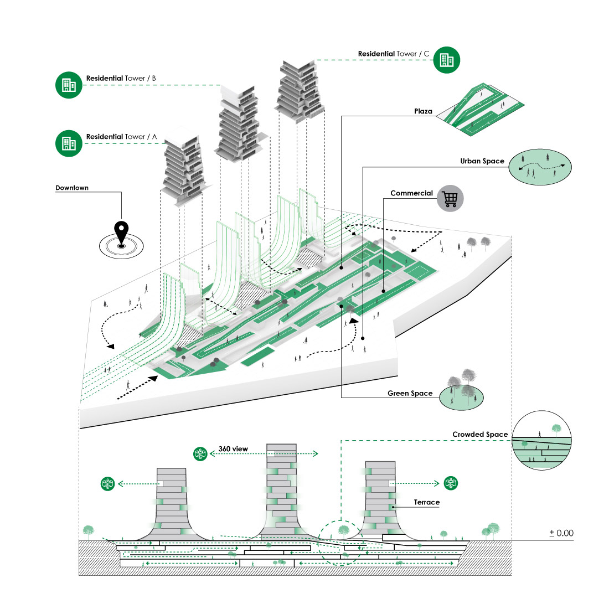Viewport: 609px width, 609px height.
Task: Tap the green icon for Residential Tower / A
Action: (x=69, y=143)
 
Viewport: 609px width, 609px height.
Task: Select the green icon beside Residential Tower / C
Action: (x=446, y=59)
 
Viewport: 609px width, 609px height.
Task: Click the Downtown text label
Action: (x=72, y=188)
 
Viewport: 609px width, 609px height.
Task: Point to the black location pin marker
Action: (x=121, y=233)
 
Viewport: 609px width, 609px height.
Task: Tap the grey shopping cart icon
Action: (x=450, y=198)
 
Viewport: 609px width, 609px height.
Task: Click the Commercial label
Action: (x=411, y=193)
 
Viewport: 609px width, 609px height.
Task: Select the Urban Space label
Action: (x=482, y=161)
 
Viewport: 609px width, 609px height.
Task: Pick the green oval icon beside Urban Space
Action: (x=540, y=167)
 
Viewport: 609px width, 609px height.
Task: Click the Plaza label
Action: (x=423, y=111)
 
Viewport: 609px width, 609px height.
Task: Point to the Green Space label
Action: (x=410, y=394)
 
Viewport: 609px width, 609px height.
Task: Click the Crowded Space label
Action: (x=479, y=435)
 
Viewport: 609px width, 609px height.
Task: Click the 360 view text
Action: (x=233, y=449)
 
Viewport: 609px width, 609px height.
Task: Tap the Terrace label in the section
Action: (x=426, y=502)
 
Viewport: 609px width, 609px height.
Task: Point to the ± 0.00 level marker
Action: (x=561, y=533)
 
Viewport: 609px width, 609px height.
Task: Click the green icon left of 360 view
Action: (x=200, y=454)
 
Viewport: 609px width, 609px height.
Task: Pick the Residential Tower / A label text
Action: (x=121, y=137)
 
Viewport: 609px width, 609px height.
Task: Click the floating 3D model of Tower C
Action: (x=299, y=89)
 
